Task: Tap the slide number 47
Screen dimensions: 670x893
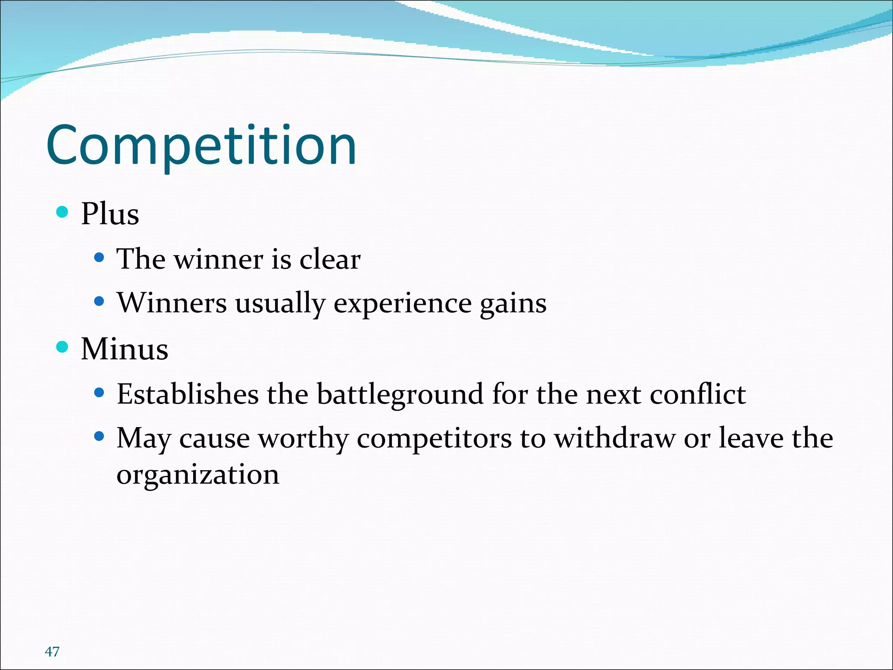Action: click(x=52, y=652)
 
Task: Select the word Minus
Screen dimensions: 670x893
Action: click(x=125, y=349)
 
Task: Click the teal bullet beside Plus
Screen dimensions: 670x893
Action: click(x=63, y=212)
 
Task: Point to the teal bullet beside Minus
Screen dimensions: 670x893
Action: click(x=63, y=347)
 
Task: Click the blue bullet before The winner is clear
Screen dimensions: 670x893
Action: click(x=99, y=258)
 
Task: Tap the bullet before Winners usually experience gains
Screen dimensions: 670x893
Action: click(x=99, y=301)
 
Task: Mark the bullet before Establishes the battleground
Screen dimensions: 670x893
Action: click(x=99, y=393)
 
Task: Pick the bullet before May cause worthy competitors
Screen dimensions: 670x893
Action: click(x=99, y=436)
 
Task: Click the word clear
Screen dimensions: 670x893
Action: click(x=330, y=259)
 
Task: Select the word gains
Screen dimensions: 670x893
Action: click(x=513, y=304)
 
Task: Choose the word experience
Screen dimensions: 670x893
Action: click(x=402, y=304)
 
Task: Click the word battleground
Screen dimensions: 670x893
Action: click(x=400, y=395)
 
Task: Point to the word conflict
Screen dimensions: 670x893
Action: click(x=698, y=394)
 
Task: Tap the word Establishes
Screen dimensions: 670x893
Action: click(x=187, y=394)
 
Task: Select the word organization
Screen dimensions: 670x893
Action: click(x=198, y=475)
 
